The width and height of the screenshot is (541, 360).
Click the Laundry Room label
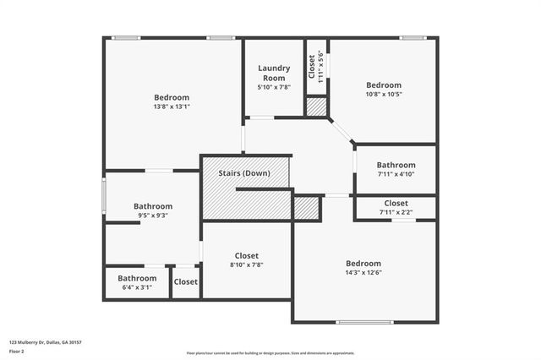(x=274, y=73)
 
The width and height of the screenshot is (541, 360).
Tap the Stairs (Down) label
(x=244, y=173)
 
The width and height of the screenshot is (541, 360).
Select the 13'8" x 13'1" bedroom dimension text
(x=172, y=107)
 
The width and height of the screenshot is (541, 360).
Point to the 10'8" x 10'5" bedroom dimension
(x=383, y=95)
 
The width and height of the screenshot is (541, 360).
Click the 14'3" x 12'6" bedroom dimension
(x=363, y=274)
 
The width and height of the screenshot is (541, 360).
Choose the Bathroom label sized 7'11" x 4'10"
(x=396, y=165)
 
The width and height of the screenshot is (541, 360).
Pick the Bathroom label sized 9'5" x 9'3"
(x=153, y=206)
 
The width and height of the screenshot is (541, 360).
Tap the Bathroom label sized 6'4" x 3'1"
(x=137, y=278)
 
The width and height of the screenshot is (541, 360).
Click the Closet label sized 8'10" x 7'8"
(x=247, y=255)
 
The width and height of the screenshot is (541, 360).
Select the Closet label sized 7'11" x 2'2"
(x=396, y=204)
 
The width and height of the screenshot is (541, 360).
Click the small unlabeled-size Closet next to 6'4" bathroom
(x=186, y=282)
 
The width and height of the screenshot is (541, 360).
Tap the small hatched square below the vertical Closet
(x=316, y=107)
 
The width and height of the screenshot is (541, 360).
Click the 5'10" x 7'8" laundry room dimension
(x=274, y=87)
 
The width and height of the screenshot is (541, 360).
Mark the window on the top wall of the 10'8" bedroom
(x=413, y=38)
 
